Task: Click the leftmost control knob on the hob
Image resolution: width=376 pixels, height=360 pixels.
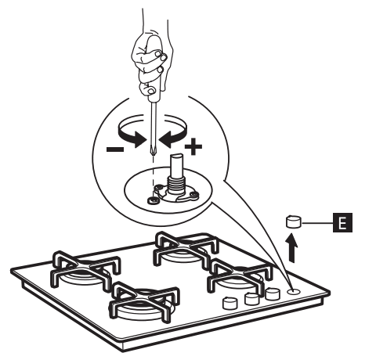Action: click(x=230, y=304)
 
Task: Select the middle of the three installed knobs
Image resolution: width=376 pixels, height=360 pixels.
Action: click(x=251, y=299)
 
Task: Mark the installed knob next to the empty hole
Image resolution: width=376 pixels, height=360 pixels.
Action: click(x=273, y=294)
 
